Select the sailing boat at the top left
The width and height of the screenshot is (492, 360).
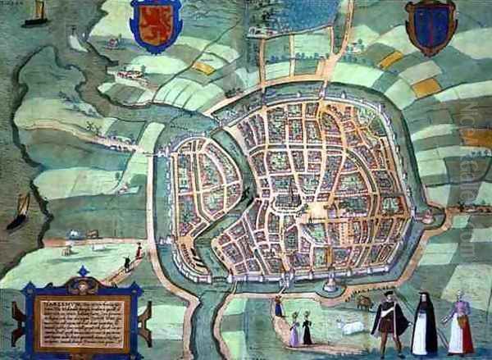[x=36, y=12]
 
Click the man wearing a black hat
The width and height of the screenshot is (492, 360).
[x=389, y=322]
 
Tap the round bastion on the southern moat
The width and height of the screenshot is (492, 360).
[x=331, y=285]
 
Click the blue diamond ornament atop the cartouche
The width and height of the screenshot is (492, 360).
[x=82, y=271]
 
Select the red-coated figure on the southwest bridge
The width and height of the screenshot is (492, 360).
[x=138, y=251]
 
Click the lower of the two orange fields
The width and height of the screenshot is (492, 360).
[x=426, y=87]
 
